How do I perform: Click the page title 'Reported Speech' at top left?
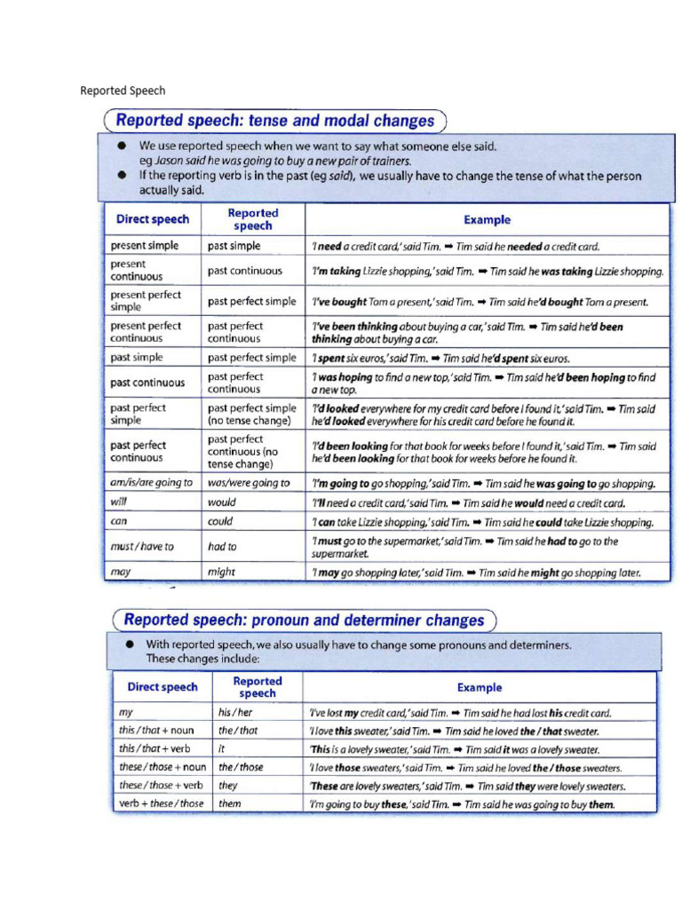(x=123, y=91)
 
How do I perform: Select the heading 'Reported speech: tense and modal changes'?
(x=275, y=121)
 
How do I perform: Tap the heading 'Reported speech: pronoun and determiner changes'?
(x=303, y=620)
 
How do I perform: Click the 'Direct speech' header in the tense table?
(x=152, y=219)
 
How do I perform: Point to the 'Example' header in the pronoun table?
(x=480, y=687)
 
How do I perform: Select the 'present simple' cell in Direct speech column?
(x=144, y=246)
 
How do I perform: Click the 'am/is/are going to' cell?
(x=151, y=483)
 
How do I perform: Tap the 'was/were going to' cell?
(x=249, y=483)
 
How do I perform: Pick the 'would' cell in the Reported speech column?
(x=222, y=502)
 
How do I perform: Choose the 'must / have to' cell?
(x=142, y=547)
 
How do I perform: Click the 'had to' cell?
(x=222, y=547)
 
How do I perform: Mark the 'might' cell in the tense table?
(x=221, y=573)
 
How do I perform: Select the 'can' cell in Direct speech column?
(x=119, y=522)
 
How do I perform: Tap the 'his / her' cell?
(x=235, y=712)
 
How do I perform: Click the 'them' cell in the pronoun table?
(x=230, y=804)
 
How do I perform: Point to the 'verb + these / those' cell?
(x=161, y=804)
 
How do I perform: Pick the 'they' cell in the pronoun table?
(x=228, y=786)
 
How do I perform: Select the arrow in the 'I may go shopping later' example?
(x=471, y=573)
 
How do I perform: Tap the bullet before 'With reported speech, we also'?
(x=130, y=644)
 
